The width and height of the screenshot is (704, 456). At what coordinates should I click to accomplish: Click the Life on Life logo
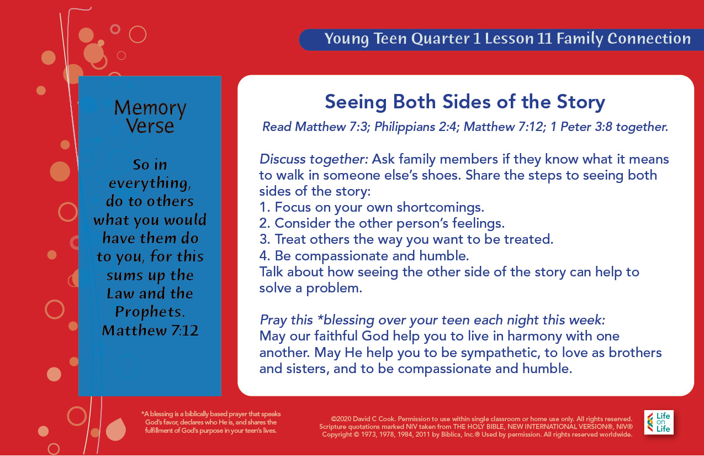(659, 422)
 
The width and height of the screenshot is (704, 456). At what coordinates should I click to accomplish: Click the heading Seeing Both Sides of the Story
(465, 102)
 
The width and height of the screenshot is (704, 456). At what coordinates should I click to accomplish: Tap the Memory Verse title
(150, 117)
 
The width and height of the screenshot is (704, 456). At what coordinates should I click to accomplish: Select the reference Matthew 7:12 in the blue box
(150, 331)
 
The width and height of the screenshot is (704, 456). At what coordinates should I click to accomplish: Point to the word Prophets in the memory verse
(150, 312)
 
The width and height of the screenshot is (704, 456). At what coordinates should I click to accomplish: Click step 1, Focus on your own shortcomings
(372, 207)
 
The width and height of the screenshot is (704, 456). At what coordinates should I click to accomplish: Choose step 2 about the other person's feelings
(382, 223)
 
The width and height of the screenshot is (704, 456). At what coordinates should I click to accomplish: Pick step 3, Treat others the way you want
(406, 239)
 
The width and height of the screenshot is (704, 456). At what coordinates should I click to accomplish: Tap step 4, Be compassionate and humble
(364, 255)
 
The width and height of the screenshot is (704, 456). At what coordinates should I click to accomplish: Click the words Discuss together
(314, 159)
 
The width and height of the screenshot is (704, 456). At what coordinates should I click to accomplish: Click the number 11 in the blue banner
(544, 39)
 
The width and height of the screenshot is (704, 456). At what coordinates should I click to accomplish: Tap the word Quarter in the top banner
(440, 39)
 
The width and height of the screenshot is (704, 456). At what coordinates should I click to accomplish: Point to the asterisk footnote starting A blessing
(211, 422)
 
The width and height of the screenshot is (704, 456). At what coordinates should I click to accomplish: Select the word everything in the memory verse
(150, 184)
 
